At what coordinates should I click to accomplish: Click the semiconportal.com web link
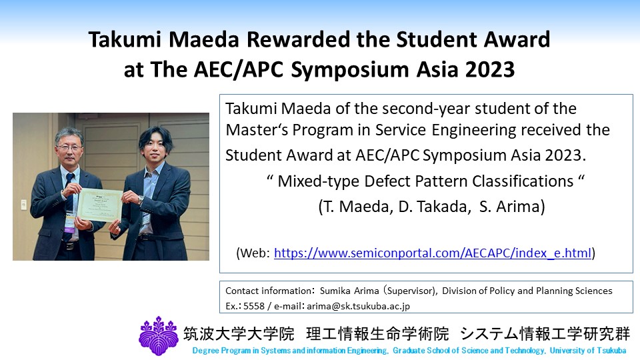[x=433, y=253]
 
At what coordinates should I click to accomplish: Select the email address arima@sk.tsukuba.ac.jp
[x=358, y=306]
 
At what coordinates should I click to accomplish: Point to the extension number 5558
[x=254, y=306]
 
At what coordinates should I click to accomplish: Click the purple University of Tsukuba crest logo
[x=159, y=335]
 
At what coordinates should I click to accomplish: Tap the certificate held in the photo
[x=100, y=205]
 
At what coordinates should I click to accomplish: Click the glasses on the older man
[x=70, y=147]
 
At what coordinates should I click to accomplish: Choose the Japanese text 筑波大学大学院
[x=239, y=334]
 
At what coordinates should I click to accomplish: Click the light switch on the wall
[x=24, y=204]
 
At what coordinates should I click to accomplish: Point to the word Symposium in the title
[x=350, y=70]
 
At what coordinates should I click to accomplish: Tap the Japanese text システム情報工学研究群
[x=545, y=334]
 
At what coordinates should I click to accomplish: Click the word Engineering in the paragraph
[x=474, y=131]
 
